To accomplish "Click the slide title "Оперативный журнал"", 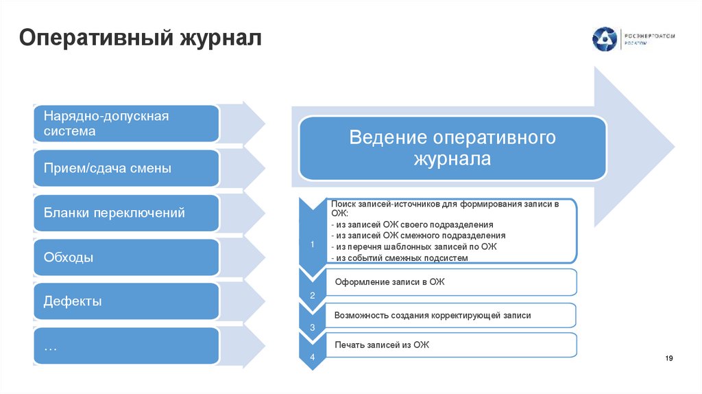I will coord(140,36).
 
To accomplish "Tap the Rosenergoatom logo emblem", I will coord(604,39).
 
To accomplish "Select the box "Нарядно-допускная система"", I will coord(125,124).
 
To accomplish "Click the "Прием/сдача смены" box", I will coord(125,168).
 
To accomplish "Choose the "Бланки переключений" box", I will coord(125,213).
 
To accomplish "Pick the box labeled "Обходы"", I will coord(125,257).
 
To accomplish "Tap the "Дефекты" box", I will coord(125,301).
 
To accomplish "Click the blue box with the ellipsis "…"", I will coord(125,346).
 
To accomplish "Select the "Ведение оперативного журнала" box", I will coord(452,148).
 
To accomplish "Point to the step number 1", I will coord(312,244).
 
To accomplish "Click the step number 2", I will coord(313,296).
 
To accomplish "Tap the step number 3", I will coord(313,328).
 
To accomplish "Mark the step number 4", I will coord(313,358).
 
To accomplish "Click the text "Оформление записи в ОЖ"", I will coord(390,282).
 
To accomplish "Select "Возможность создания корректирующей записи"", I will coord(433,315).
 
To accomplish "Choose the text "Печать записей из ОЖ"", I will coord(382,344).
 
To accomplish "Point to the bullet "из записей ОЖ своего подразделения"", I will coord(413,224).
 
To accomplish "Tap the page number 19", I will coord(670,359).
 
